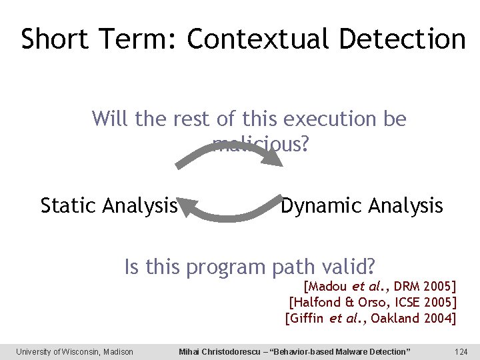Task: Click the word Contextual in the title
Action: tap(259, 39)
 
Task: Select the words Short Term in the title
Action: tap(97, 39)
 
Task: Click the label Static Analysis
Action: tap(109, 206)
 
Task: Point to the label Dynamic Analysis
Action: tap(361, 206)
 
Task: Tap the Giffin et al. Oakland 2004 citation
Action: tap(371, 318)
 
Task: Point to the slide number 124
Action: tap(460, 351)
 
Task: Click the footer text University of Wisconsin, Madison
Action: tap(75, 351)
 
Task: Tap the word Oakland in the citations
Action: tap(395, 318)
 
